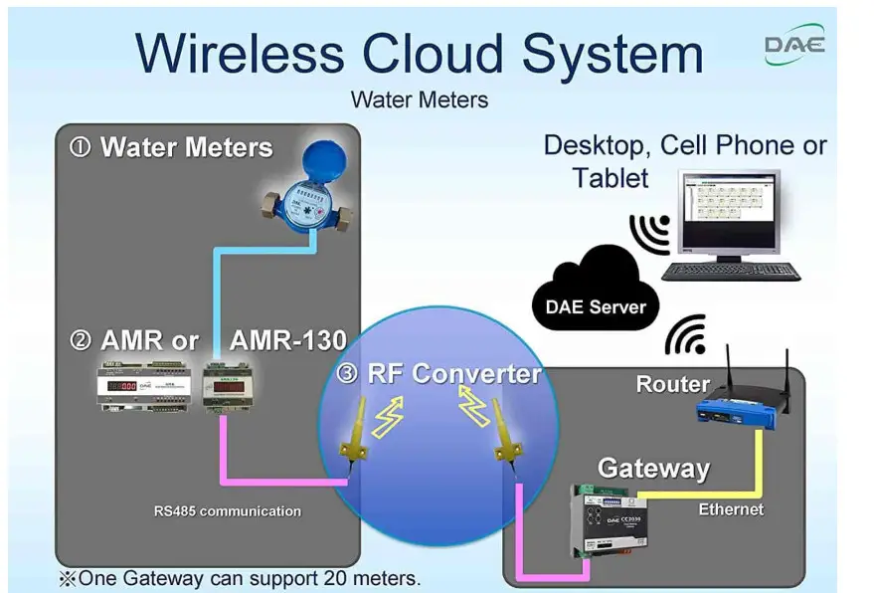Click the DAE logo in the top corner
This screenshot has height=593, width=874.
click(794, 45)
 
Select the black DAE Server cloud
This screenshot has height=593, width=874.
click(595, 295)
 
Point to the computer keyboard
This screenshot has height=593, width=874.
click(731, 271)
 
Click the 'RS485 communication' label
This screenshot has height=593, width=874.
click(227, 511)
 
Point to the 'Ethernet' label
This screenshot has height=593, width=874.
click(731, 509)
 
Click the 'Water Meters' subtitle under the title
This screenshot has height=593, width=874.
click(419, 99)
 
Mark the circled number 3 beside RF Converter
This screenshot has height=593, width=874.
click(346, 374)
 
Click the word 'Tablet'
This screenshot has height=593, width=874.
click(610, 178)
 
